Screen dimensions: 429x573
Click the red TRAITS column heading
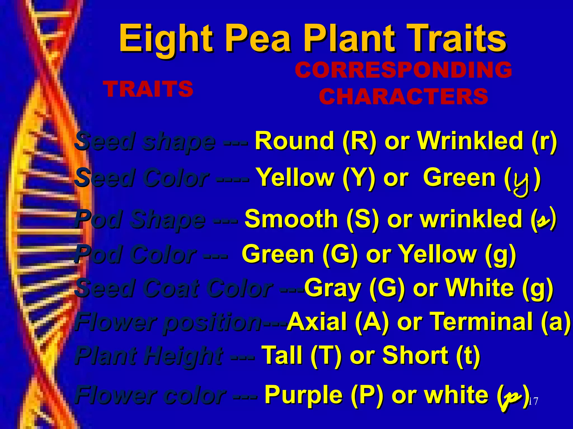click(148, 89)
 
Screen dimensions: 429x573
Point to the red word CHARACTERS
click(403, 96)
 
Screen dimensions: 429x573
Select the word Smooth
click(291, 219)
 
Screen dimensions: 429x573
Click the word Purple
click(303, 394)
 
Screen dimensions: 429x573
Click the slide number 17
click(533, 401)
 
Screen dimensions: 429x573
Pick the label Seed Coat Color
click(173, 288)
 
